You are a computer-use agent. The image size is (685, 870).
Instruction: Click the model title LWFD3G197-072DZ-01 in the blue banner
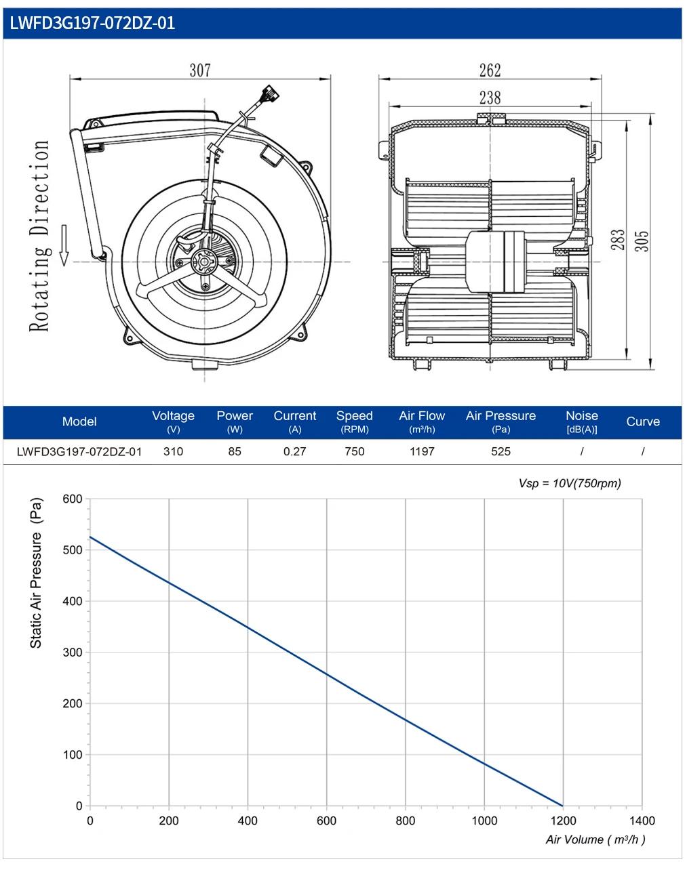click(92, 23)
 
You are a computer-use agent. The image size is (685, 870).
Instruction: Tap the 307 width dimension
click(200, 70)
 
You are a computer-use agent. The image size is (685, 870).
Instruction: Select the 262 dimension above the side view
click(490, 70)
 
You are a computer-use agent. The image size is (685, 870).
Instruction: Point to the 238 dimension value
click(490, 98)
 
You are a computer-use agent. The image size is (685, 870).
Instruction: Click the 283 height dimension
click(618, 240)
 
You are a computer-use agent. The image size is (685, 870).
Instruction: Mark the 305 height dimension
click(642, 241)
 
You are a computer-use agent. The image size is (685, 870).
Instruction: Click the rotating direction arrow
click(64, 245)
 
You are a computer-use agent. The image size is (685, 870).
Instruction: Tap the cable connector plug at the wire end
click(271, 93)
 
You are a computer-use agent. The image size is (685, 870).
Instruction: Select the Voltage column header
click(173, 421)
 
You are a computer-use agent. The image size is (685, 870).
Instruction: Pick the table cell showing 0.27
click(294, 451)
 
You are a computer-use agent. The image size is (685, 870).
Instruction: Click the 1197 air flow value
click(422, 451)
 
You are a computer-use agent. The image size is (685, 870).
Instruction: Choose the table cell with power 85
click(235, 451)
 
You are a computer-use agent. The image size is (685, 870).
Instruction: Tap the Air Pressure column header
click(501, 421)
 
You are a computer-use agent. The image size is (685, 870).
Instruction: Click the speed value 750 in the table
click(355, 451)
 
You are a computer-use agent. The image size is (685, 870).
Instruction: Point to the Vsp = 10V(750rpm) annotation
click(570, 483)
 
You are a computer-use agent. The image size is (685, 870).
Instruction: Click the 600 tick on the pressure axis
click(73, 499)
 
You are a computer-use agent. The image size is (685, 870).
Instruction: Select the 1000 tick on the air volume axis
click(484, 821)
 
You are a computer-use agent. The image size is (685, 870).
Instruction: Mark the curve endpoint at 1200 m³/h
click(562, 806)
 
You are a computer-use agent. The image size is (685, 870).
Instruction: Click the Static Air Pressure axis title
click(36, 573)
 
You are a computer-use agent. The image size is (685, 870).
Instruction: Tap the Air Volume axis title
click(595, 840)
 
